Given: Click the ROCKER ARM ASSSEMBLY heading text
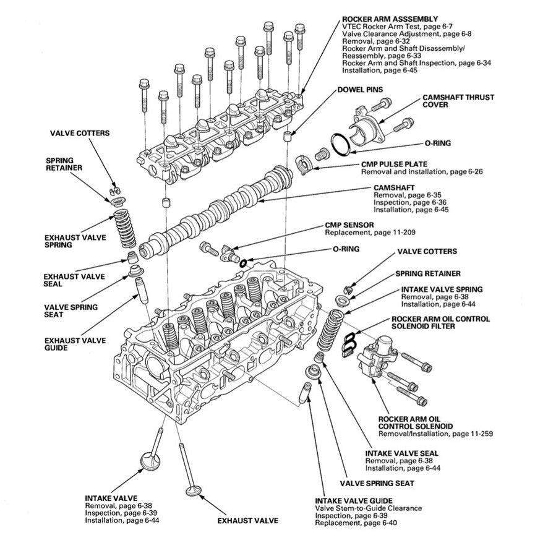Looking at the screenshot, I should point(390,19).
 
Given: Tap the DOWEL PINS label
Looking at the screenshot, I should point(360,90).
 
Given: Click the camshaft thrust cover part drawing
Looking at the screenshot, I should point(367,124).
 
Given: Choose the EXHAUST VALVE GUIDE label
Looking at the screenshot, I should point(75,344).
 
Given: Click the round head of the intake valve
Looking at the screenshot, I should point(150,461).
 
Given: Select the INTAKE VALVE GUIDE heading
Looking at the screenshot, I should point(353,500).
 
